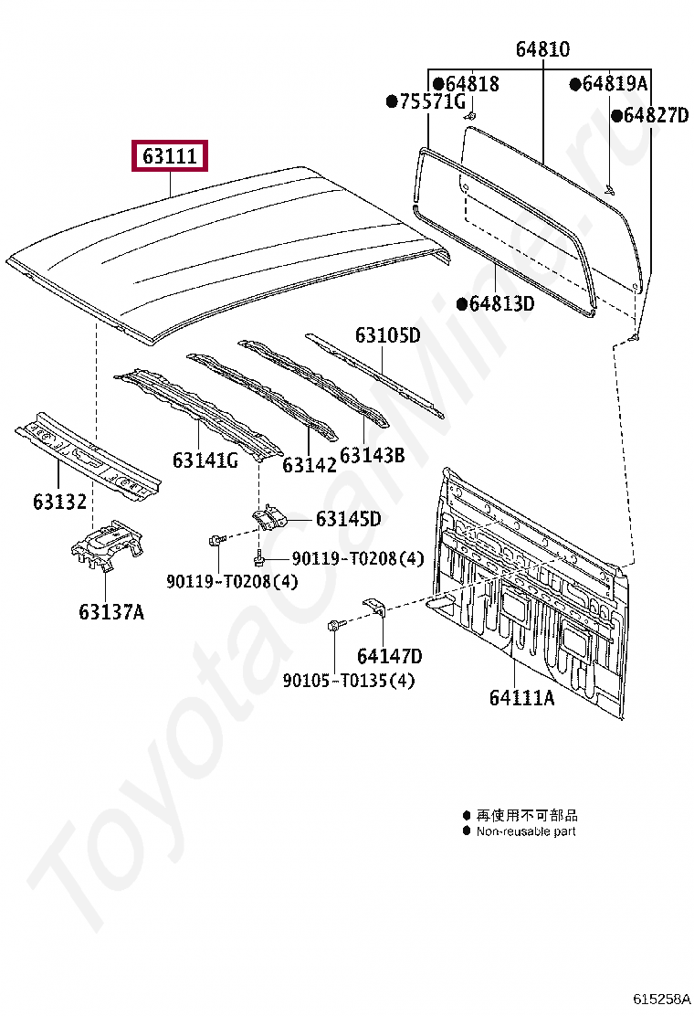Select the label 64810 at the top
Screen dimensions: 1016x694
coord(542,50)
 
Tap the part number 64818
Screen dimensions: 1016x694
coord(470,84)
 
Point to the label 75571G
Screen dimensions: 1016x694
coord(431,101)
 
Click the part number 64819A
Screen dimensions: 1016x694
coord(614,84)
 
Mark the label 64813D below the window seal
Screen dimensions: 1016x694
coord(501,303)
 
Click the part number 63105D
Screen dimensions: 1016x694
coord(387,335)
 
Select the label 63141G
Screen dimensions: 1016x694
coord(205,460)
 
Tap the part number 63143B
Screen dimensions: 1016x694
coord(372,454)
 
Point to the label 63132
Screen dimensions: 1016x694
coord(59,501)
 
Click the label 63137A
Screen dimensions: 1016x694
coord(110,611)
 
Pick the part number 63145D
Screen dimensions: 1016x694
coord(348,519)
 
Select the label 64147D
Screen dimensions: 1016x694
coord(389,655)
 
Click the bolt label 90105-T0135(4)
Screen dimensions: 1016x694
coord(335,681)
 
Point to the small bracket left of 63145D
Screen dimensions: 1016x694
coord(269,518)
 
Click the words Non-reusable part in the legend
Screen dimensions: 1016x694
coord(526,831)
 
